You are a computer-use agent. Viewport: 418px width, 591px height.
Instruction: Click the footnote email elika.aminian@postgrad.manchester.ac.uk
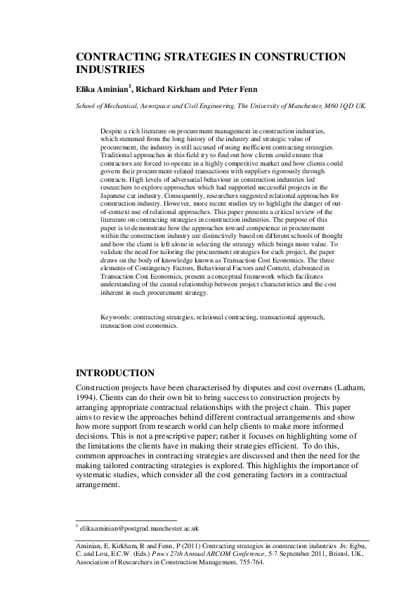[x=140, y=528]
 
